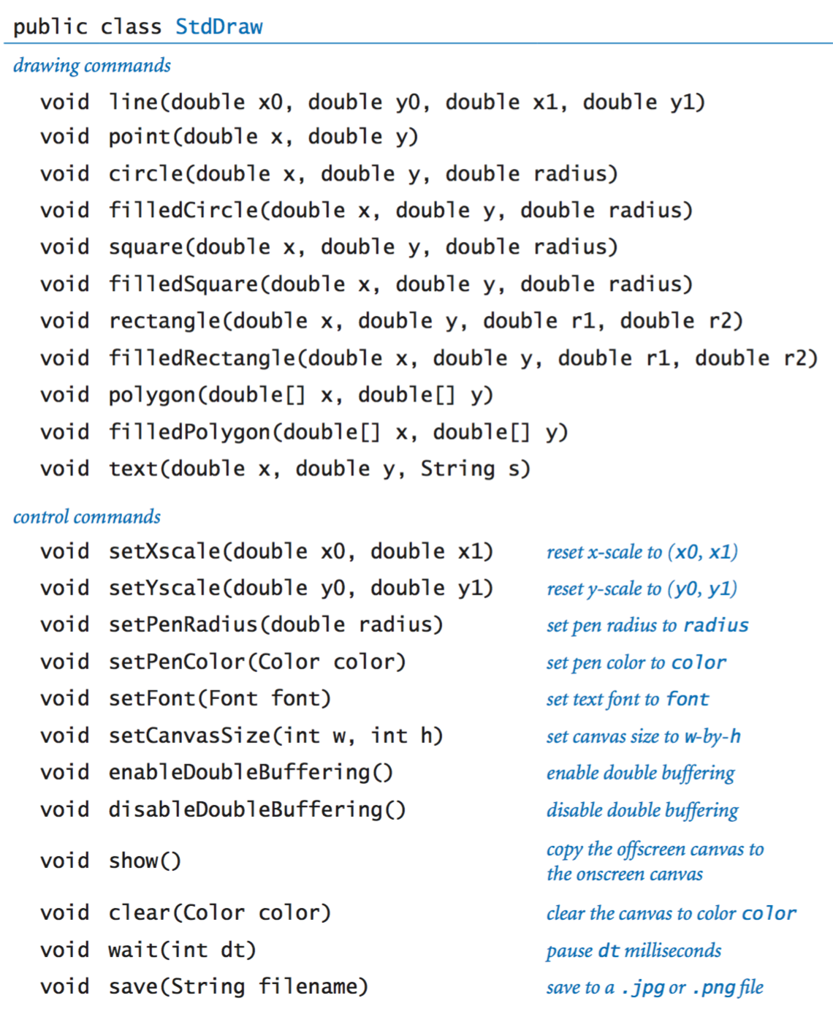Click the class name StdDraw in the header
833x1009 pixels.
click(218, 26)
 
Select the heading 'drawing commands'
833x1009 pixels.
click(92, 66)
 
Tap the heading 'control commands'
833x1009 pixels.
click(87, 517)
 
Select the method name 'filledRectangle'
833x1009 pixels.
click(202, 358)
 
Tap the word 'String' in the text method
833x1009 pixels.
click(458, 469)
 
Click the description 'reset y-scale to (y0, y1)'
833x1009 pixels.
click(642, 589)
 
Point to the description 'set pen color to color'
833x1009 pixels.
click(636, 662)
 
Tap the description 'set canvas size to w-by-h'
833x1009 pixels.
click(644, 736)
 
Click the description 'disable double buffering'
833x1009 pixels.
click(642, 810)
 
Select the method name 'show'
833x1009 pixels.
click(134, 861)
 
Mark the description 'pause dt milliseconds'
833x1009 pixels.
click(634, 951)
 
